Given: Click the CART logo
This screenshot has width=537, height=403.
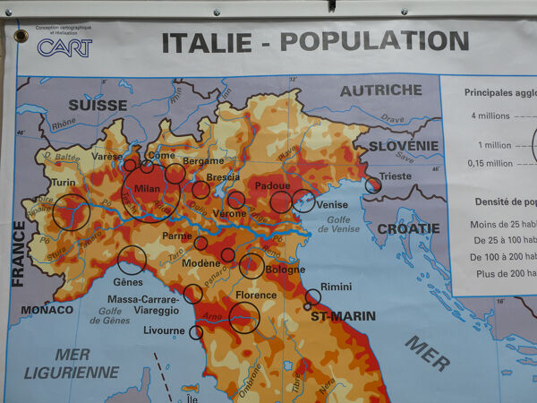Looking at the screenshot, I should click(x=64, y=47).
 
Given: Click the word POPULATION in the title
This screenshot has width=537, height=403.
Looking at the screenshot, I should click(x=374, y=40).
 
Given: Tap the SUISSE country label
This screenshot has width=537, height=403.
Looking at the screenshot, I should click(x=98, y=104).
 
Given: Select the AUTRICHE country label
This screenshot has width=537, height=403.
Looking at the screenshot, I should click(x=380, y=90).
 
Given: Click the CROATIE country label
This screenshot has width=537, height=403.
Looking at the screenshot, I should click(x=408, y=228).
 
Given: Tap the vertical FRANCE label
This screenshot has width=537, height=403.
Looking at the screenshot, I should click(x=18, y=254).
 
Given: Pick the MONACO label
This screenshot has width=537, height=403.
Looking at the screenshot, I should click(x=47, y=310).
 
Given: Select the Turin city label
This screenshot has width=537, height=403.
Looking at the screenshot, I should click(x=63, y=183).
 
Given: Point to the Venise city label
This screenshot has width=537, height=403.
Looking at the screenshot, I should click(x=332, y=205).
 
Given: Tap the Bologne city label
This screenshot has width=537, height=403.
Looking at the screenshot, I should click(x=285, y=269).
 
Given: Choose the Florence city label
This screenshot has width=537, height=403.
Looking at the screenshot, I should click(x=256, y=295).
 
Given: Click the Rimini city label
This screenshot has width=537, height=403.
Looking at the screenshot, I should click(x=336, y=287).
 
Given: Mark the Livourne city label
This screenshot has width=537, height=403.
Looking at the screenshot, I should click(x=164, y=330).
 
